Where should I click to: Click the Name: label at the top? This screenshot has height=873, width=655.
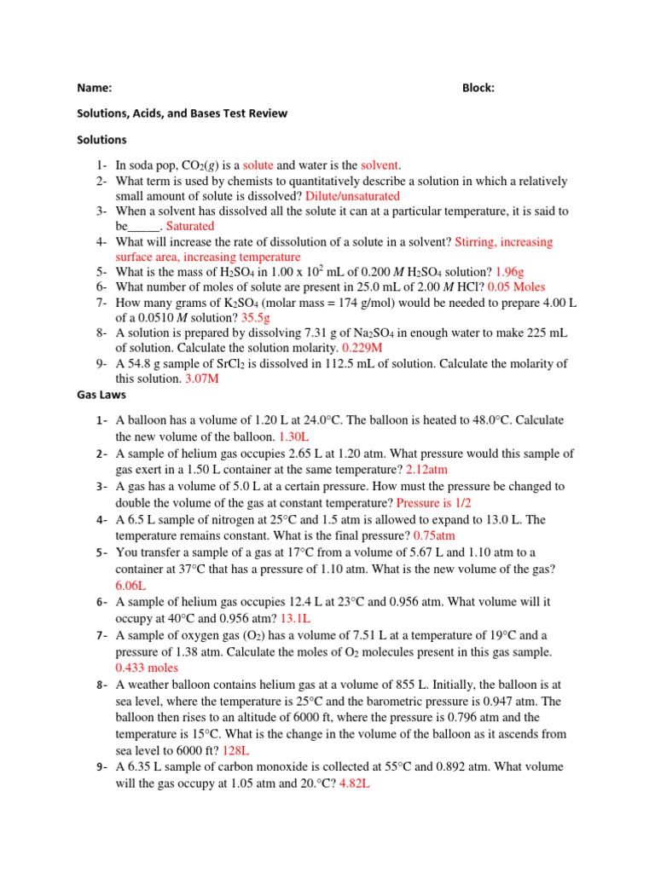point(95,87)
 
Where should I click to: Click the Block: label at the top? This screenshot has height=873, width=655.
point(478,87)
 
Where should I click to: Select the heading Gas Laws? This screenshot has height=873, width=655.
point(101,395)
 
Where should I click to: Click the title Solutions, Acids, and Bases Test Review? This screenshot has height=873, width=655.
point(183,113)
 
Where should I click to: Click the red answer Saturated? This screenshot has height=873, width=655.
point(190,226)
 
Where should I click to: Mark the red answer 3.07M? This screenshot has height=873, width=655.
point(202,379)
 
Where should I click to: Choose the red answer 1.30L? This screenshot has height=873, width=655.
point(294,437)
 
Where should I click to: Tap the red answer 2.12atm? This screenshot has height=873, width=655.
point(427,470)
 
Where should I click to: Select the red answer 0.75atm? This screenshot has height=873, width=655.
point(434,535)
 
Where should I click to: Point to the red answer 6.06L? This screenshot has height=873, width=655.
point(131,585)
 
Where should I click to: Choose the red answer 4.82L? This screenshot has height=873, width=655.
point(354,783)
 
